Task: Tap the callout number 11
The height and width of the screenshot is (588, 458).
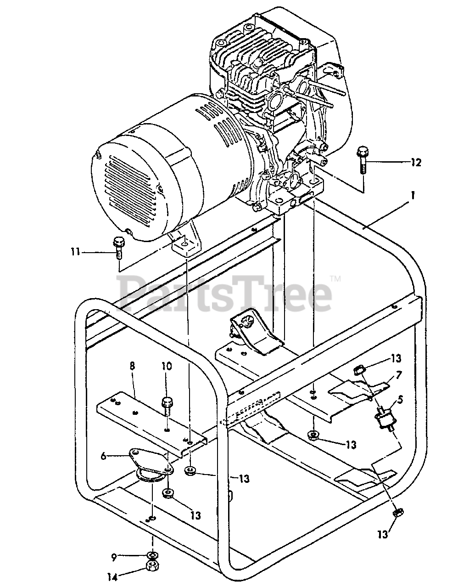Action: [x=75, y=251]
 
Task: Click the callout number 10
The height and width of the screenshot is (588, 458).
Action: [x=166, y=366]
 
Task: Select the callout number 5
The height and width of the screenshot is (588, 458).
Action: [x=400, y=399]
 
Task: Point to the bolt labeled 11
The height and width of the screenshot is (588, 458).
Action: [x=118, y=247]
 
